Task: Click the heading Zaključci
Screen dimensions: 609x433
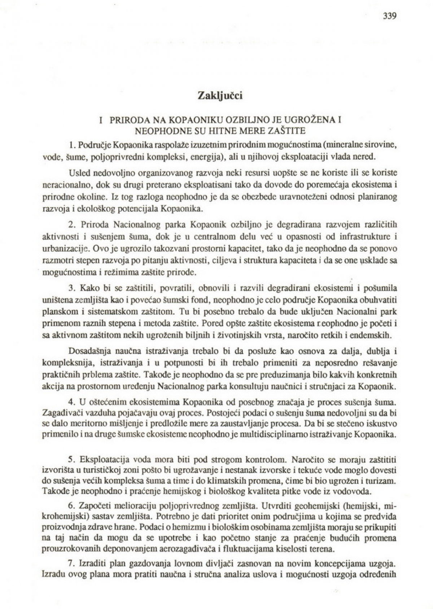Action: click(219, 95)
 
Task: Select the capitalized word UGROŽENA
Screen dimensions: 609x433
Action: click(310, 119)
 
